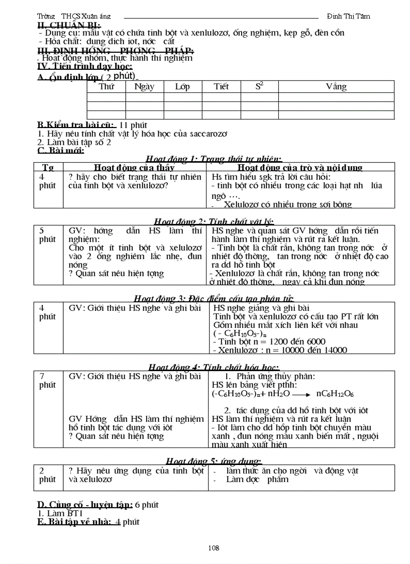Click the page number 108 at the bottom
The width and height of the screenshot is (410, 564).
click(214, 548)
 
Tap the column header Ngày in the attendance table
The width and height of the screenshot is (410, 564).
click(144, 86)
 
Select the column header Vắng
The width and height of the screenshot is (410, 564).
click(336, 86)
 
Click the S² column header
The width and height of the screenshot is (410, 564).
click(259, 86)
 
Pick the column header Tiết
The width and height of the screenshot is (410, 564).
click(221, 86)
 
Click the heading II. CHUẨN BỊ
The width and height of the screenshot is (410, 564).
click(69, 25)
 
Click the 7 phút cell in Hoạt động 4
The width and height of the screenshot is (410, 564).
click(48, 381)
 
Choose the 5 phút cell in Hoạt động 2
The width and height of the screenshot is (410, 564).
click(48, 235)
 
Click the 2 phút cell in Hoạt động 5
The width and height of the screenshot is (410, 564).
click(48, 475)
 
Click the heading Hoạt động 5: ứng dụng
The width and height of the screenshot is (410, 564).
click(214, 461)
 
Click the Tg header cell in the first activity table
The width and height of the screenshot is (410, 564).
click(48, 168)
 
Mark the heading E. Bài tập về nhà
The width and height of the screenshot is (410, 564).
click(74, 522)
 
